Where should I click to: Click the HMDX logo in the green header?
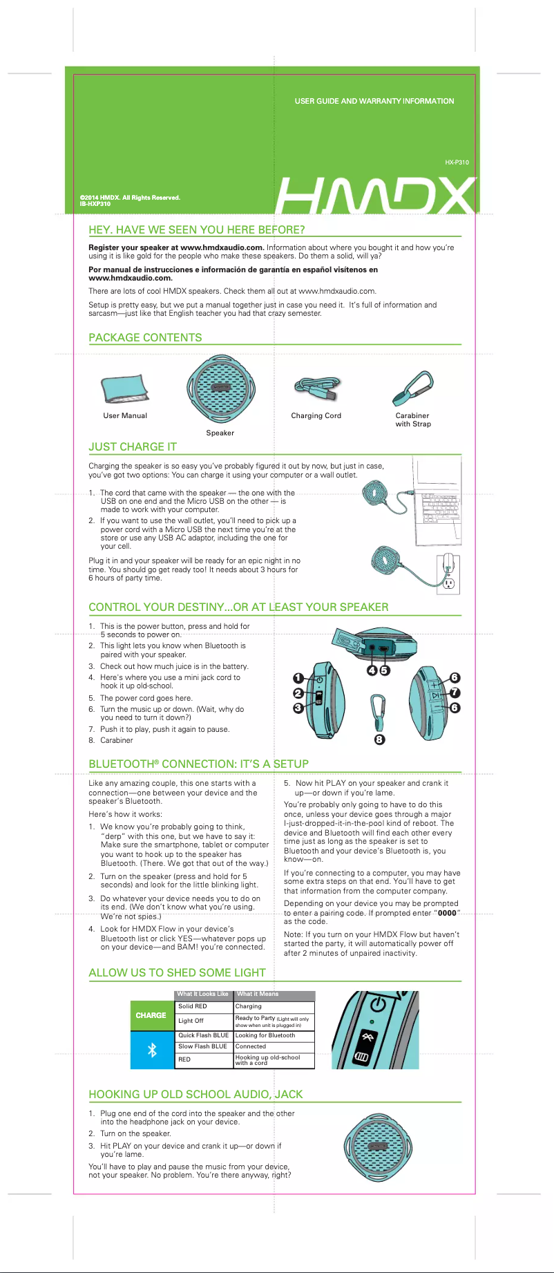[376, 196]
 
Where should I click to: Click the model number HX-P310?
[457, 162]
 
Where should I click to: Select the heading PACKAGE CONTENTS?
[145, 337]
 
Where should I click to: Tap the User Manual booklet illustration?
[124, 389]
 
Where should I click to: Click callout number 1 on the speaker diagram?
[298, 678]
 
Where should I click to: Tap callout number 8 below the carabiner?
[379, 739]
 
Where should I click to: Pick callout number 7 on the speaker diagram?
[455, 692]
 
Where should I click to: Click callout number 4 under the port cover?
[372, 670]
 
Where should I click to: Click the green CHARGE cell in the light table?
[151, 1015]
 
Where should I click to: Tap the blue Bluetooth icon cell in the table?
[152, 1050]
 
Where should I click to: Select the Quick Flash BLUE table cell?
[203, 1035]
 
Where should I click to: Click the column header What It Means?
[258, 994]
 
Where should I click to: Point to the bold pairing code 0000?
[447, 913]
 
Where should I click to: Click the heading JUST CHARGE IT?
[133, 446]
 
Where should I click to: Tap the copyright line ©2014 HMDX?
[130, 198]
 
